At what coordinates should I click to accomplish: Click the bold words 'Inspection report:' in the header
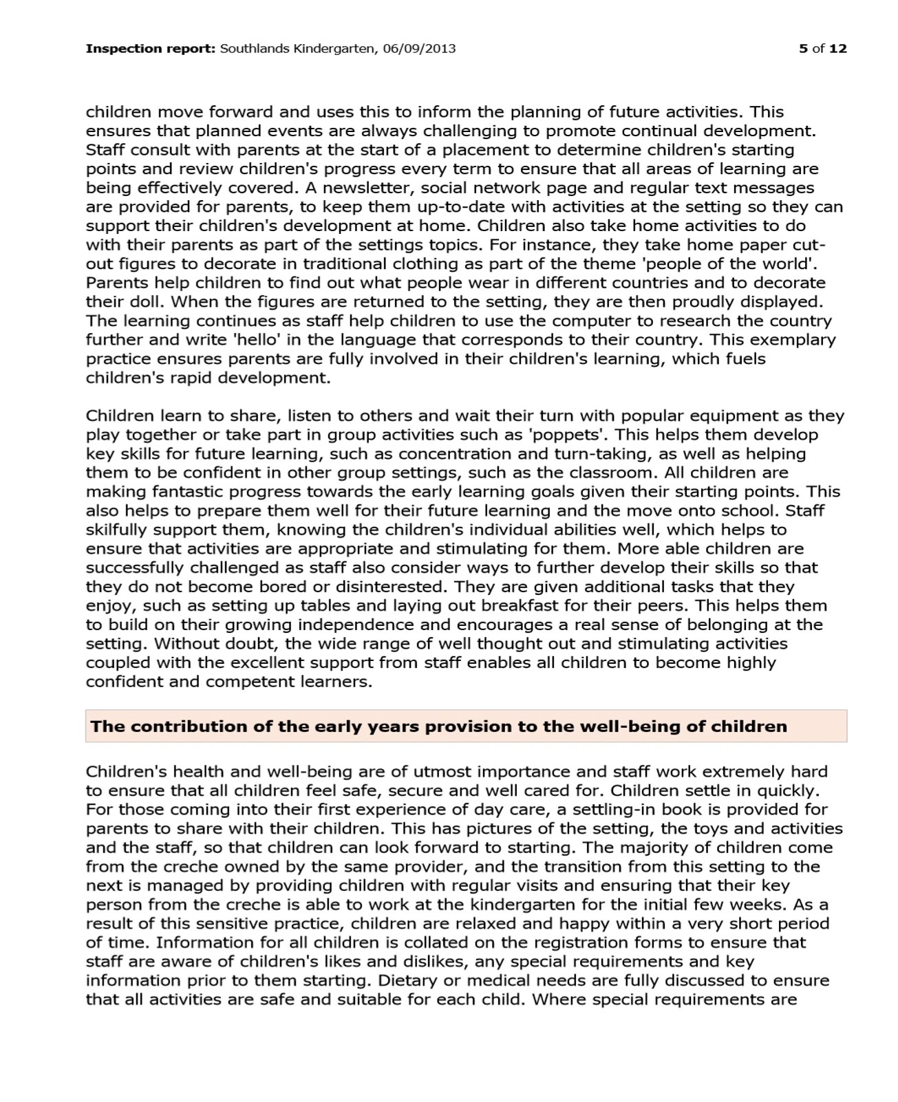150,49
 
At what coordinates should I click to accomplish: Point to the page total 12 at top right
838,49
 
